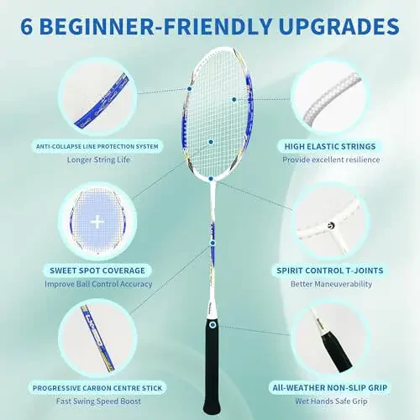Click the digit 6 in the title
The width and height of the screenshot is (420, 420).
pos(28,26)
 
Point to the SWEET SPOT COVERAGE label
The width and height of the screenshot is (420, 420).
pos(99,270)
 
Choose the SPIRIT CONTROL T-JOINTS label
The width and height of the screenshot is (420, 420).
pos(332,270)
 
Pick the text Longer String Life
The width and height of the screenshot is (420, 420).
pos(99,160)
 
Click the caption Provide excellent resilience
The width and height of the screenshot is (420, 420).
pos(332,160)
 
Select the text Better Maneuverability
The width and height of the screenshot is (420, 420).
pos(332,285)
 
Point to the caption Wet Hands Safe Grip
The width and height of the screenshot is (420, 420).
pos(332,402)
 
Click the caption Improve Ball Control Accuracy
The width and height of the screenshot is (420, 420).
pos(99,285)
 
